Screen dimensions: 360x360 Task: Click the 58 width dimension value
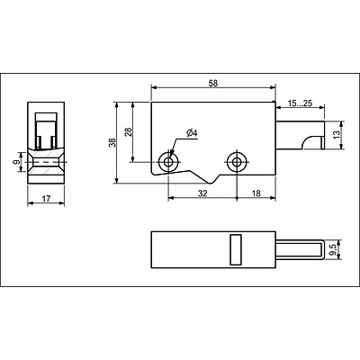pyautogui.click(x=213, y=83)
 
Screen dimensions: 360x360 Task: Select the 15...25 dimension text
pyautogui.click(x=300, y=103)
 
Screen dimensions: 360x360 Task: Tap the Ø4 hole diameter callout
pyautogui.click(x=192, y=133)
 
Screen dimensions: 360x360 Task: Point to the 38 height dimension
pyautogui.click(x=112, y=142)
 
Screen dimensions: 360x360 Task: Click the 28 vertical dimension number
pyautogui.click(x=129, y=132)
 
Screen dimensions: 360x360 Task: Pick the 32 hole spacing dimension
pyautogui.click(x=202, y=193)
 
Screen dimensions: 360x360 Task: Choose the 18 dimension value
pyautogui.click(x=256, y=193)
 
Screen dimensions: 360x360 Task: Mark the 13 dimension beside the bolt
pyautogui.click(x=337, y=134)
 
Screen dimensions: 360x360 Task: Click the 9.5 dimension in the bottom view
pyautogui.click(x=333, y=250)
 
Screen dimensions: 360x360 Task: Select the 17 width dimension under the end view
pyautogui.click(x=46, y=199)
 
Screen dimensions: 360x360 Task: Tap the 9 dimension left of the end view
pyautogui.click(x=17, y=162)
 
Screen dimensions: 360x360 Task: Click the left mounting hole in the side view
pyautogui.click(x=168, y=162)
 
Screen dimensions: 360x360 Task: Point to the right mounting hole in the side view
pyautogui.click(x=237, y=162)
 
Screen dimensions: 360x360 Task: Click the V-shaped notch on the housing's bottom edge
pyautogui.click(x=212, y=181)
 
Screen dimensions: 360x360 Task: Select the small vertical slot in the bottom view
pyautogui.click(x=236, y=249)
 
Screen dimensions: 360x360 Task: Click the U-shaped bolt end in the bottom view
pyautogui.click(x=323, y=249)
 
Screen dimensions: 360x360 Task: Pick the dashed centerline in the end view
pyautogui.click(x=46, y=162)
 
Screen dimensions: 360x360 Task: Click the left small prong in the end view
pyautogui.click(x=39, y=142)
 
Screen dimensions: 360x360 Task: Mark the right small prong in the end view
pyautogui.click(x=53, y=142)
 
